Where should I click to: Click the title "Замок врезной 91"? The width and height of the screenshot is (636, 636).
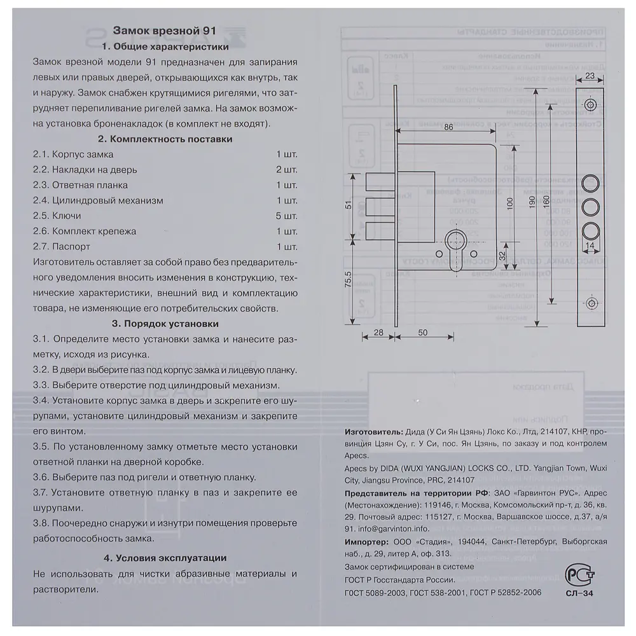pyautogui.click(x=164, y=30)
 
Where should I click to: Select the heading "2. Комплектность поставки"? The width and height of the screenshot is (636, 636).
pyautogui.click(x=164, y=139)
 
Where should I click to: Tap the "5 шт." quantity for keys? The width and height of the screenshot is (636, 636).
pyautogui.click(x=287, y=216)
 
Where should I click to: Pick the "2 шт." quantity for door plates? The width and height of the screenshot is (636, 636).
pyautogui.click(x=287, y=170)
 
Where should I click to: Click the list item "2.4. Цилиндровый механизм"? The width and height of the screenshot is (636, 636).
pyautogui.click(x=98, y=200)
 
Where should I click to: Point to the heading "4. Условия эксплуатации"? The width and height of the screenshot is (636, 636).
pyautogui.click(x=164, y=558)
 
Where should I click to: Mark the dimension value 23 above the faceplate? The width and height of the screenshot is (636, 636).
pyautogui.click(x=590, y=76)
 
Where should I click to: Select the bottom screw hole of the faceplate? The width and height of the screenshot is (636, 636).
pyautogui.click(x=590, y=304)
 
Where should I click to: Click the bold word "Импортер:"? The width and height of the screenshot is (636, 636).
pyautogui.click(x=365, y=542)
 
